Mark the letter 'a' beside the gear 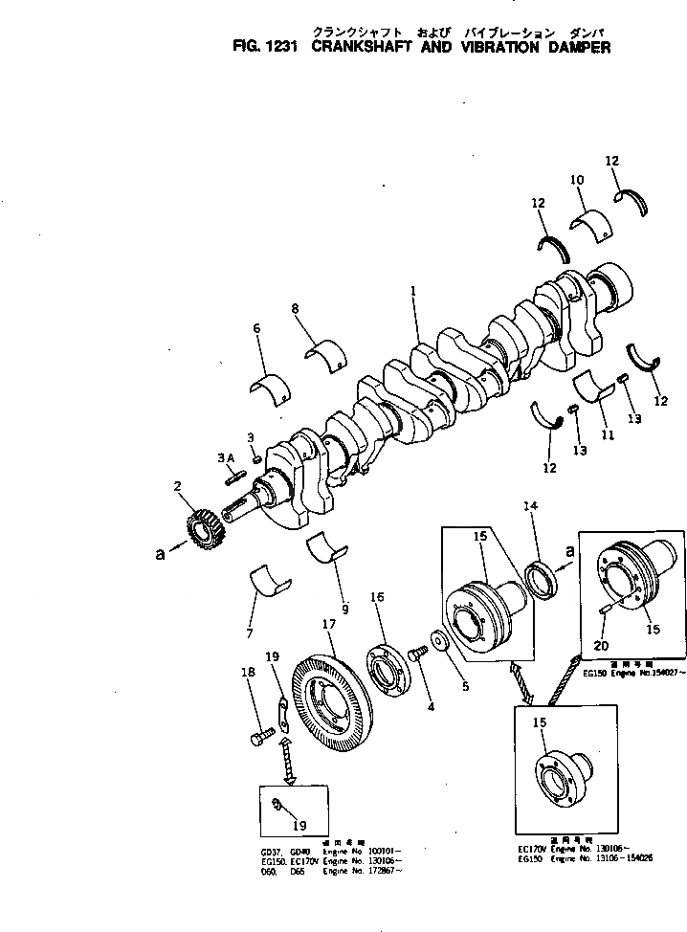point(160,552)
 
